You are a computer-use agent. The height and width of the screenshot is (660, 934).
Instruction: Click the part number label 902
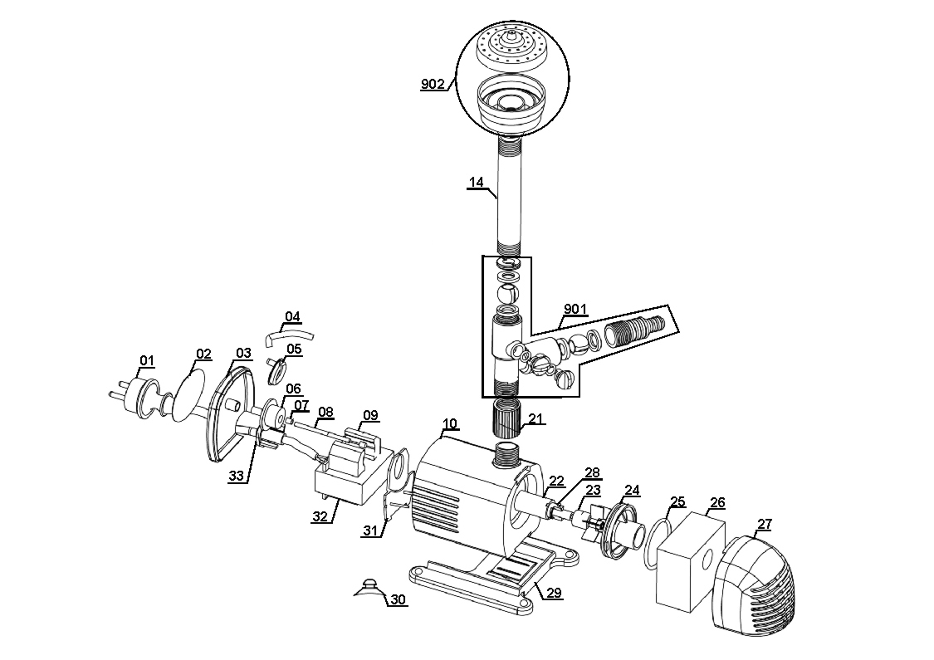click(433, 84)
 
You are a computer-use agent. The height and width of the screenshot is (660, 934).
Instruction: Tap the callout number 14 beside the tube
click(475, 183)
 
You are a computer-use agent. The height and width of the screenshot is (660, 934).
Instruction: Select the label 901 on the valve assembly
click(575, 309)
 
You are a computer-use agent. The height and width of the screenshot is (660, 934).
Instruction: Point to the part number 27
click(764, 524)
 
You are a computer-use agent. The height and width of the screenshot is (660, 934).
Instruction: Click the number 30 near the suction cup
click(399, 599)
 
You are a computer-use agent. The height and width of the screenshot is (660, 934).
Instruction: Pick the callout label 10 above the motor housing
click(449, 423)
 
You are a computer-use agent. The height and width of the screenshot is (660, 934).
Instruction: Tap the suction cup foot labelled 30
click(369, 586)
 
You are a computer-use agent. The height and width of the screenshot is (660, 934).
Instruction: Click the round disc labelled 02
click(190, 398)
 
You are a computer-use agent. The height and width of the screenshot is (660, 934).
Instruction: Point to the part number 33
click(237, 476)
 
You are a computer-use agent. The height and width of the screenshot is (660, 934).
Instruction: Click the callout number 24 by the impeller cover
click(633, 490)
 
